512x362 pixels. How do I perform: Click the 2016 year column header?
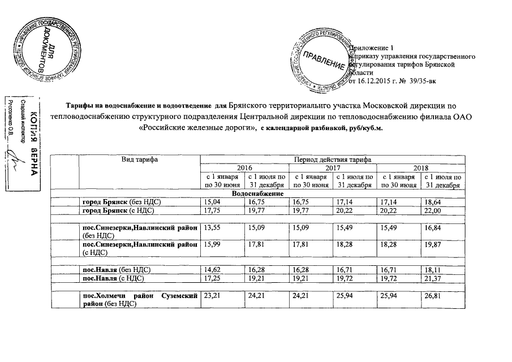(x=244, y=167)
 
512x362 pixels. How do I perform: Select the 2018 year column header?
(x=420, y=167)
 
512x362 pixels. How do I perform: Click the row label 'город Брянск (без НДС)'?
(x=119, y=202)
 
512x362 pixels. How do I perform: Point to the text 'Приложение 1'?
(x=371, y=48)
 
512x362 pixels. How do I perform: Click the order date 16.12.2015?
(x=375, y=82)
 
